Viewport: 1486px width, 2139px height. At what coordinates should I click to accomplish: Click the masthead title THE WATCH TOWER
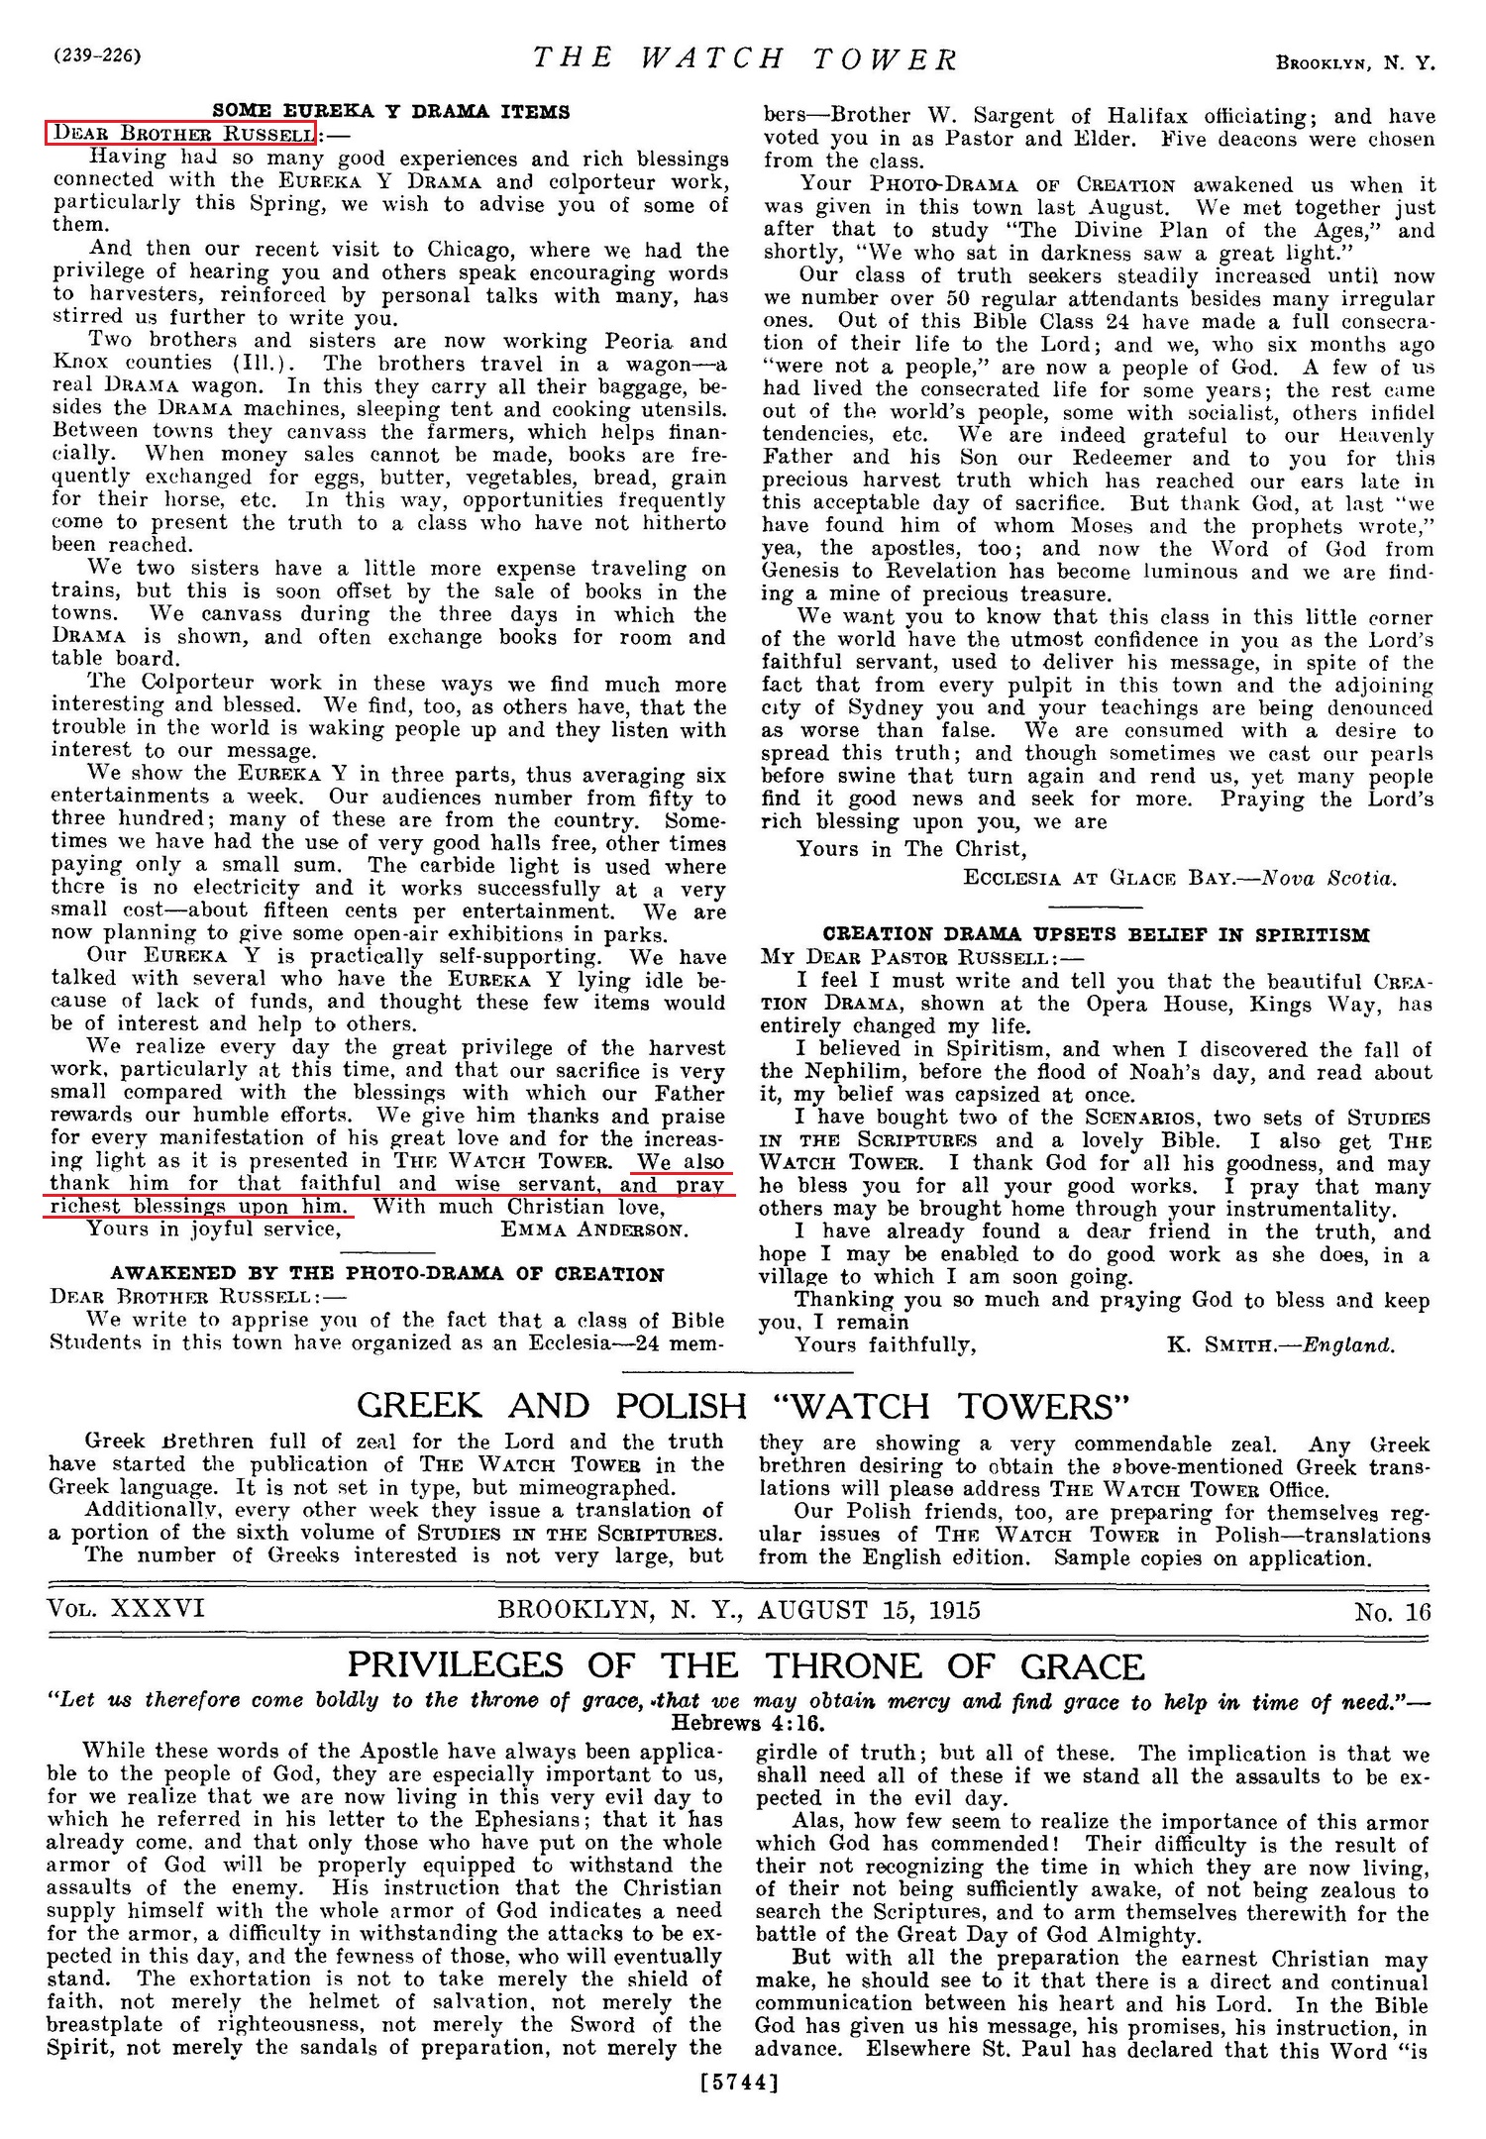pyautogui.click(x=745, y=59)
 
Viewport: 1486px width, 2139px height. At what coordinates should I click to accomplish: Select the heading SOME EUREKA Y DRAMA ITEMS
pyautogui.click(x=391, y=112)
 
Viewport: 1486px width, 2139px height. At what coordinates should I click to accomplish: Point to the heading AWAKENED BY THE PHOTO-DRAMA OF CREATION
pyautogui.click(x=387, y=1274)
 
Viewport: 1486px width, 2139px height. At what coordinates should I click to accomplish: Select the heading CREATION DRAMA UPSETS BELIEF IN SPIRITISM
pyautogui.click(x=1097, y=934)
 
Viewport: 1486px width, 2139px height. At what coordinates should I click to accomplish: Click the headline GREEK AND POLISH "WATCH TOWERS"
pyautogui.click(x=743, y=1406)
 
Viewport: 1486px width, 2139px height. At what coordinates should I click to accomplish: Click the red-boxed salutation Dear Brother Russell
pyautogui.click(x=180, y=133)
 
